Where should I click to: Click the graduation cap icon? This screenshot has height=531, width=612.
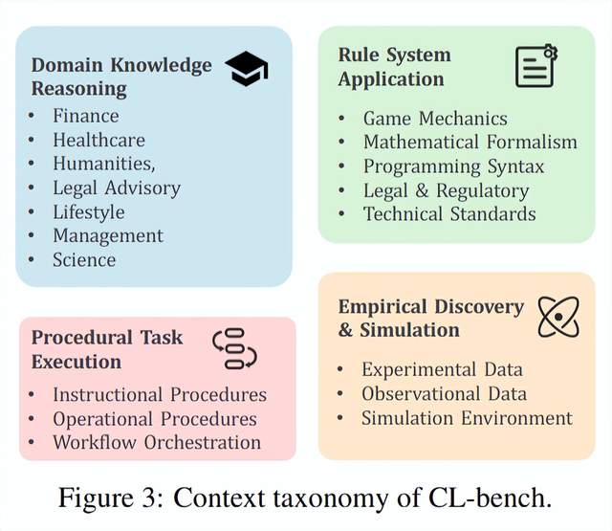pyautogui.click(x=246, y=70)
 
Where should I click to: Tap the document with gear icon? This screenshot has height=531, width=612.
pyautogui.click(x=535, y=67)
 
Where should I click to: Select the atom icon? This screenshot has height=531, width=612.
pyautogui.click(x=558, y=316)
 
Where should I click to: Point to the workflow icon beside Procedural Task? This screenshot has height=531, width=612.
pyautogui.click(x=234, y=348)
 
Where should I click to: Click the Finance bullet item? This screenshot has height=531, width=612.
pyautogui.click(x=86, y=116)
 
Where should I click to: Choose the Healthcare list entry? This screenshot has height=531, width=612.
pyautogui.click(x=98, y=140)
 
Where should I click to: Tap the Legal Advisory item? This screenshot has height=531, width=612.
pyautogui.click(x=117, y=188)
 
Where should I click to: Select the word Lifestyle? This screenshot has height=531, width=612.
pyautogui.click(x=88, y=211)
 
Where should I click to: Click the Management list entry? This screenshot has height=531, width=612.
pyautogui.click(x=108, y=235)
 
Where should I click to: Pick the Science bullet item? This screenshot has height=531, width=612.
pyautogui.click(x=84, y=259)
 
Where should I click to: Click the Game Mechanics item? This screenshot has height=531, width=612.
pyautogui.click(x=435, y=119)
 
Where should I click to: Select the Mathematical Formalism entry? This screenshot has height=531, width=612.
pyautogui.click(x=470, y=143)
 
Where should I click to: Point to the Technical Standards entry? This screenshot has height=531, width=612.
pyautogui.click(x=449, y=213)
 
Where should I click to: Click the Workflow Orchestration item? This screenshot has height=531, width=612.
pyautogui.click(x=157, y=442)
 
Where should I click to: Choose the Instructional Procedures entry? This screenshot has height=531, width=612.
pyautogui.click(x=160, y=394)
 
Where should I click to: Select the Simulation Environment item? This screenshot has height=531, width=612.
pyautogui.click(x=467, y=418)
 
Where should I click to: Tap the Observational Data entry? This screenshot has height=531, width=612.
pyautogui.click(x=444, y=394)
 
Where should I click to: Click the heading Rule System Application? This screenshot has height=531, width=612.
pyautogui.click(x=394, y=67)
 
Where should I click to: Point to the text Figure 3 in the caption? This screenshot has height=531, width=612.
pyautogui.click(x=103, y=498)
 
